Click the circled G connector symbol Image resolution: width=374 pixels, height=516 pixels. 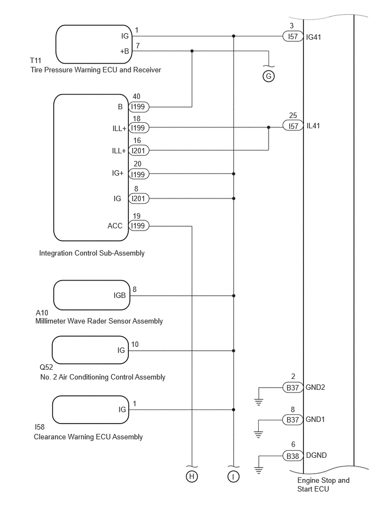click(x=269, y=76)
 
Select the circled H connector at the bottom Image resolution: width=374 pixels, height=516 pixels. click(x=191, y=477)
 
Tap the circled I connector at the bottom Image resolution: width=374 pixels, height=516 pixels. click(x=234, y=477)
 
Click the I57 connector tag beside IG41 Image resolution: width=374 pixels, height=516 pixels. click(x=292, y=36)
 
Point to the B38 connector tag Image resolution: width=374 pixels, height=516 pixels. click(x=292, y=456)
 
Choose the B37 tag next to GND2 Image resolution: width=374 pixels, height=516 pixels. click(x=292, y=388)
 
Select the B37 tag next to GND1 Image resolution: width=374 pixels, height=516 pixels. click(x=292, y=420)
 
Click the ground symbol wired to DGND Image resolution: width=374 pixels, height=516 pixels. click(x=259, y=469)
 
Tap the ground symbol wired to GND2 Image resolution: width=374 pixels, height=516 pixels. click(x=259, y=402)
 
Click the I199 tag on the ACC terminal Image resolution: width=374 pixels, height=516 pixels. click(x=139, y=226)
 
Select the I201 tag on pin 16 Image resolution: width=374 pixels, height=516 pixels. click(x=139, y=151)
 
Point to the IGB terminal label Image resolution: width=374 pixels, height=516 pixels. click(x=120, y=296)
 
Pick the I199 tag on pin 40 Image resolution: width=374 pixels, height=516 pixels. click(x=139, y=107)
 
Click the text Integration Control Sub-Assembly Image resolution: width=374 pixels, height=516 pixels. click(x=92, y=253)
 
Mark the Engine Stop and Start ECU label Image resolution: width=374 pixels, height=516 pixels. click(x=323, y=484)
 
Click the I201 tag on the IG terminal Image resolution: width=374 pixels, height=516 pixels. click(x=139, y=198)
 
